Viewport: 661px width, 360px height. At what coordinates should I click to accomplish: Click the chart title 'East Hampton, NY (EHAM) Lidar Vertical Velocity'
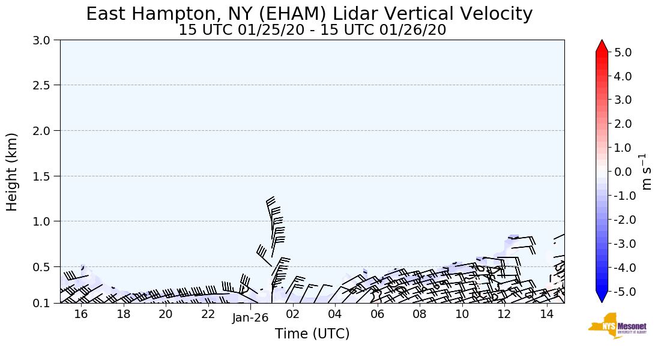(309, 14)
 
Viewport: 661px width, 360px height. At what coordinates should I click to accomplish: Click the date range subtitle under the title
(312, 29)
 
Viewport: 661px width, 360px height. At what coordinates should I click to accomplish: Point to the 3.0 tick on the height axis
(46, 40)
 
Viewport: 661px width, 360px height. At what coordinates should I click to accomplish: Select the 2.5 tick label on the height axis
(46, 85)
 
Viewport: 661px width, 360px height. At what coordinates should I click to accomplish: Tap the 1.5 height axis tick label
(46, 176)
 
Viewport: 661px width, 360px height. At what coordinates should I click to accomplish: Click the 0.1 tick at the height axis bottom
(46, 304)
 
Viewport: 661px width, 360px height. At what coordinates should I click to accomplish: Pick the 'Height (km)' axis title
(13, 172)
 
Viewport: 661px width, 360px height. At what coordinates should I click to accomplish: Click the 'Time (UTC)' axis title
(312, 334)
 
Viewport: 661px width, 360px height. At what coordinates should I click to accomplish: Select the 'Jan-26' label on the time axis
(250, 318)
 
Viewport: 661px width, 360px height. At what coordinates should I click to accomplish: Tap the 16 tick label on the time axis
(81, 314)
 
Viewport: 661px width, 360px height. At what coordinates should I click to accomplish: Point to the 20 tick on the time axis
(166, 314)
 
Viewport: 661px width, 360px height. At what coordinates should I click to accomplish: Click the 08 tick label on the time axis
(420, 314)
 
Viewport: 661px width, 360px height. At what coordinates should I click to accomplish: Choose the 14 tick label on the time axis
(546, 314)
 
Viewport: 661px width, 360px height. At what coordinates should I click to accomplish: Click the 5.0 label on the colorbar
(623, 52)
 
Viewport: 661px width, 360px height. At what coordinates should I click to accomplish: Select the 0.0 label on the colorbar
(623, 172)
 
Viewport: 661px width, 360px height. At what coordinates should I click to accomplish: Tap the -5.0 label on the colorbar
(620, 291)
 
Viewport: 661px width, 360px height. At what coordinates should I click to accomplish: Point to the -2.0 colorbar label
(620, 220)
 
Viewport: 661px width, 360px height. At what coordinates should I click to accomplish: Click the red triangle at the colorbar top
(602, 47)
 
